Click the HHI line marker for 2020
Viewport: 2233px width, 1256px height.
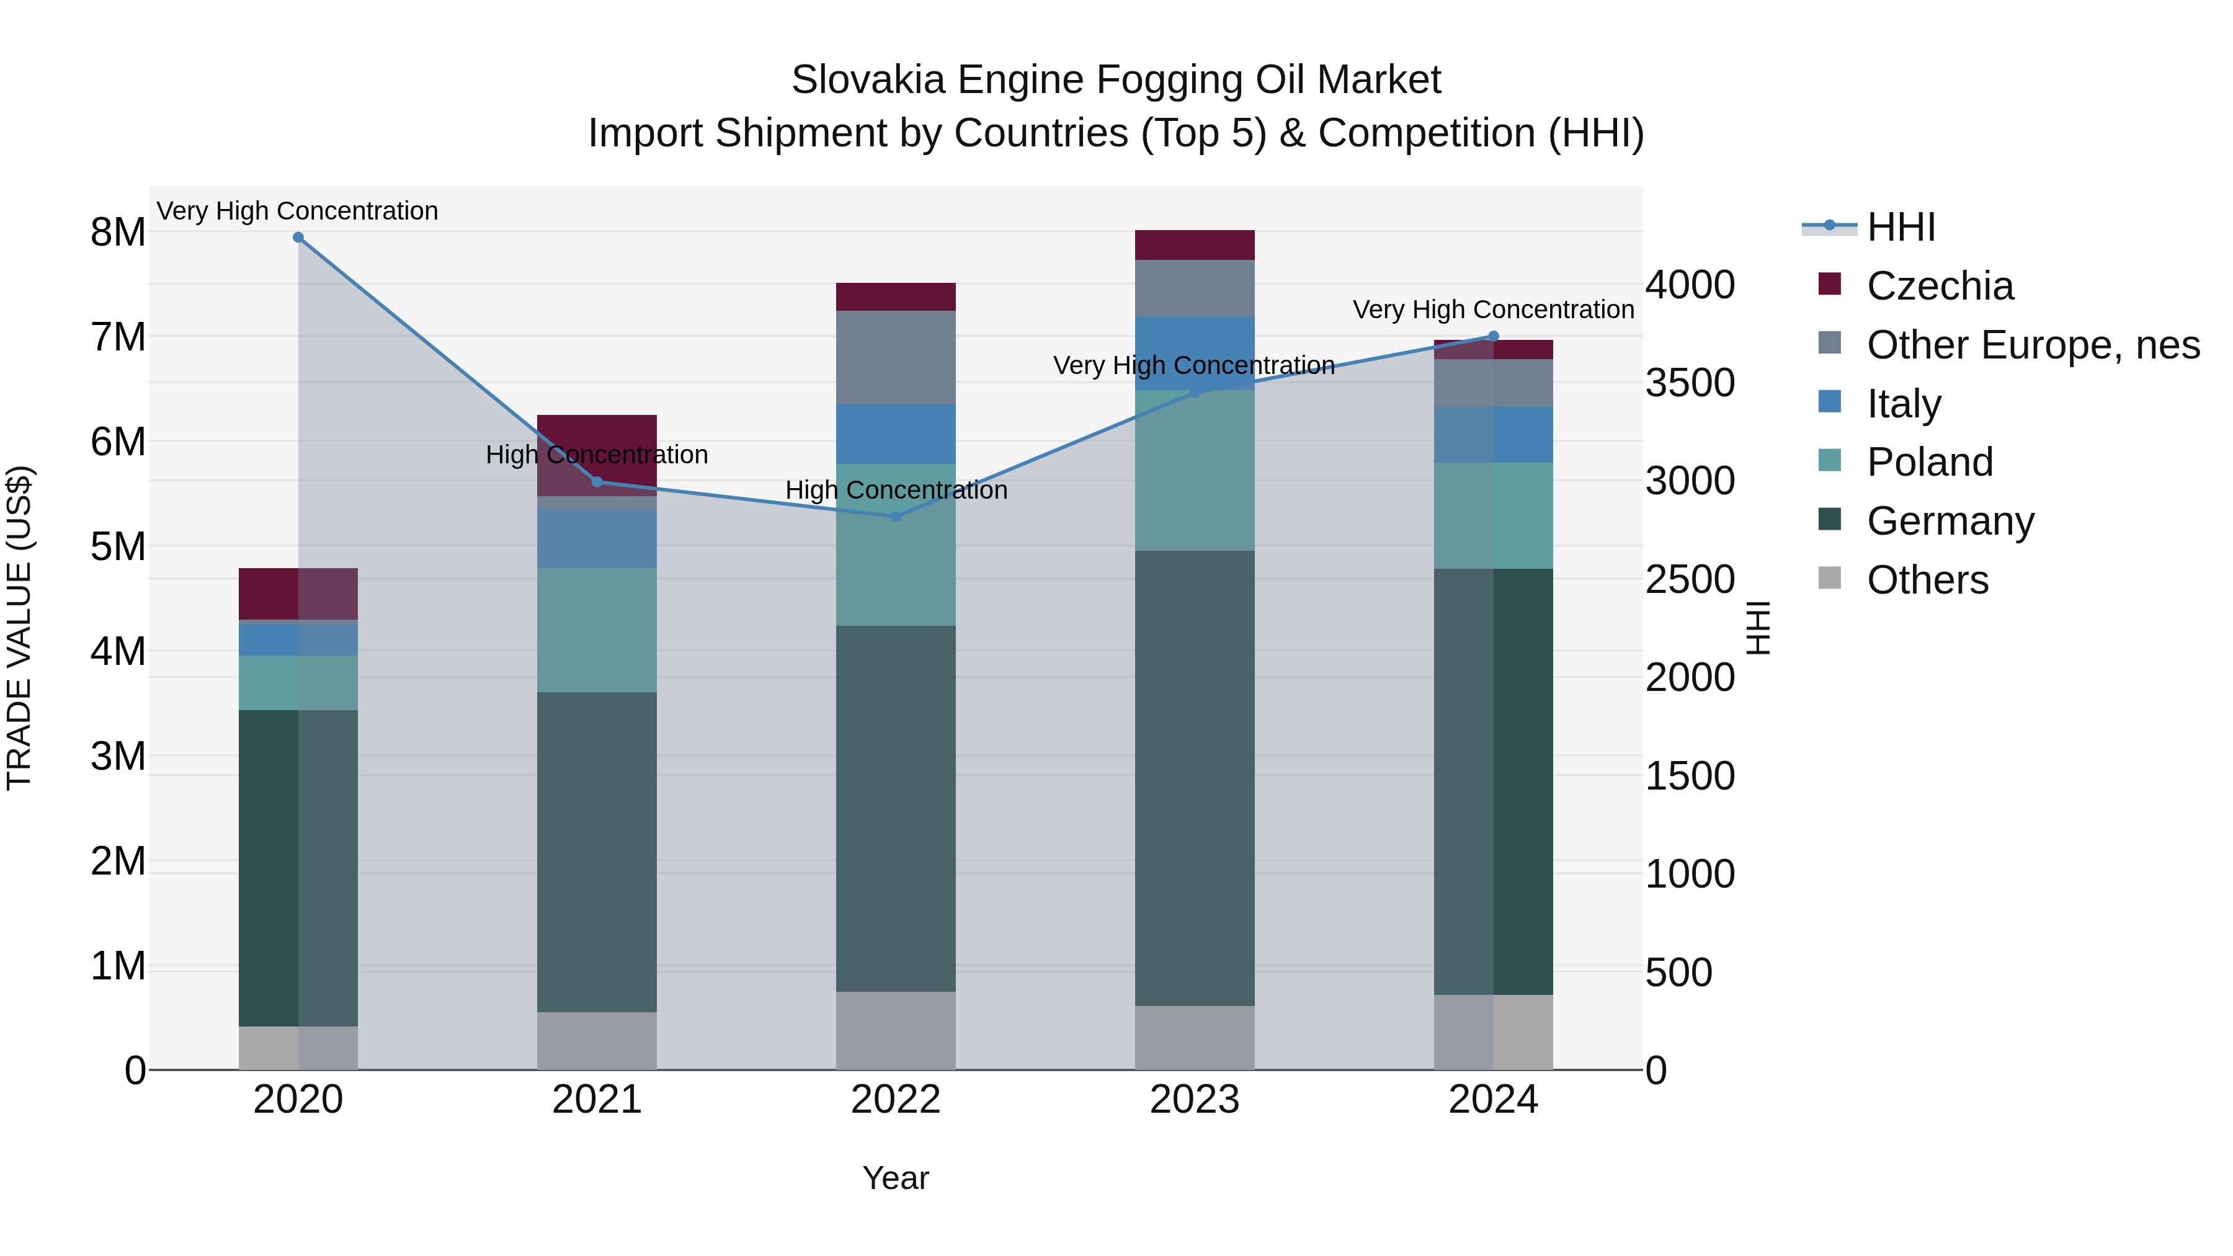pyautogui.click(x=298, y=238)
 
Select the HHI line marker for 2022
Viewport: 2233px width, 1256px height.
pyautogui.click(x=896, y=517)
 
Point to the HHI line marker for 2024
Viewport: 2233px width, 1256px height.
pyautogui.click(x=1493, y=336)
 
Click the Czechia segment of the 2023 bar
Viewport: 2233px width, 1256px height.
pyautogui.click(x=1195, y=245)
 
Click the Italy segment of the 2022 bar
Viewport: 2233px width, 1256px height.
pyautogui.click(x=896, y=434)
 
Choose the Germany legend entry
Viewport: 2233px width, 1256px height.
pyautogui.click(x=1950, y=522)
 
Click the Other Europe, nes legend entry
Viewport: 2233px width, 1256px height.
pyautogui.click(x=2033, y=345)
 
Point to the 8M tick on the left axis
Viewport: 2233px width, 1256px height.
pyautogui.click(x=118, y=233)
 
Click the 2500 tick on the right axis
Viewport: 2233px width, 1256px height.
pyautogui.click(x=1690, y=579)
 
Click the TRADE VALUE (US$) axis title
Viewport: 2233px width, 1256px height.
pyautogui.click(x=19, y=628)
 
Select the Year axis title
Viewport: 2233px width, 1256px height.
pyautogui.click(x=896, y=1178)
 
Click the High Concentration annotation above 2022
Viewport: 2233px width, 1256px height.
pyautogui.click(x=896, y=490)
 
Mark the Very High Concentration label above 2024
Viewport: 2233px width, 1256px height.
pyautogui.click(x=1493, y=310)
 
